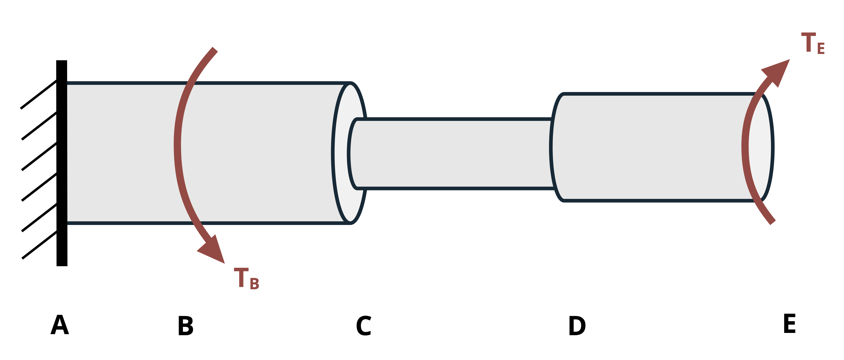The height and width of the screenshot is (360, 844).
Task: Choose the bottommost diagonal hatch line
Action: [39, 245]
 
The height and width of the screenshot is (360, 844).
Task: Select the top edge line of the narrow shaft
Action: [459, 119]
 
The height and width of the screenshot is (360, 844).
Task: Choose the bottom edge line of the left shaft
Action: [262, 223]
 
